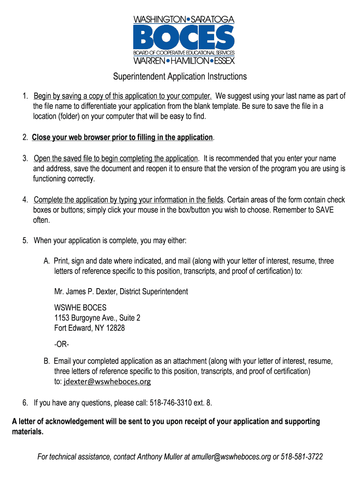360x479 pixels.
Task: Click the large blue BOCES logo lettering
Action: pos(183,37)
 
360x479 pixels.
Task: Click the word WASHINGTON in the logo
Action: pos(159,19)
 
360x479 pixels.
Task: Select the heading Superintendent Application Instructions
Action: pos(180,76)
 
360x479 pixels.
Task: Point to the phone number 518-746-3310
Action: pos(171,402)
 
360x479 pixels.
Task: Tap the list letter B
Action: pos(46,361)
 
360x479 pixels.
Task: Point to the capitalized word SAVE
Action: pos(324,210)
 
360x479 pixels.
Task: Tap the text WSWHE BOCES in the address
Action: pos(80,307)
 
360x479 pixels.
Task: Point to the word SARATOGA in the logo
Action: pos(213,19)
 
